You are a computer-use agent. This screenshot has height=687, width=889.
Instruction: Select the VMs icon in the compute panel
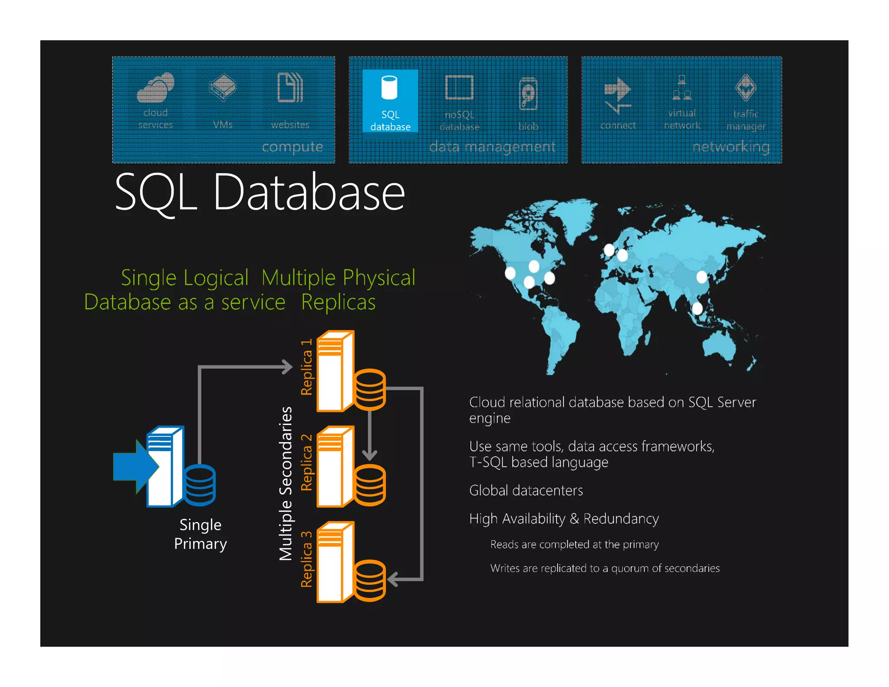click(x=223, y=87)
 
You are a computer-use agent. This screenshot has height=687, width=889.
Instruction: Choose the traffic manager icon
click(x=746, y=87)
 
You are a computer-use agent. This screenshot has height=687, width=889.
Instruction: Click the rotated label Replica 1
click(x=307, y=367)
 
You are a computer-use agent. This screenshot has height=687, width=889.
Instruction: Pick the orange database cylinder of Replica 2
click(x=370, y=485)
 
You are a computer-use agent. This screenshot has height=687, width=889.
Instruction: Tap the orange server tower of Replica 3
click(x=336, y=562)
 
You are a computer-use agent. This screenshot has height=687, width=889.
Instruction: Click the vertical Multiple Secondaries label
click(x=286, y=483)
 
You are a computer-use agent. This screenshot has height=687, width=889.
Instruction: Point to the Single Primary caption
click(x=201, y=534)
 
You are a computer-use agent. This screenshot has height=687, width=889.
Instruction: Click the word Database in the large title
click(x=309, y=192)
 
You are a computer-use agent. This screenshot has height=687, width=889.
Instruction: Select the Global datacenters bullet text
click(x=526, y=491)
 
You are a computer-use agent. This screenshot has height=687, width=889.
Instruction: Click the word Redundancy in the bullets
click(x=621, y=519)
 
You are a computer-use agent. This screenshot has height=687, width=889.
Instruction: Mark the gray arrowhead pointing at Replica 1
click(x=288, y=367)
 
